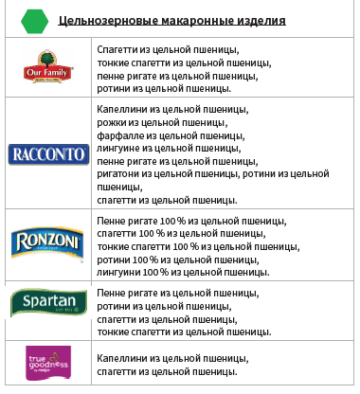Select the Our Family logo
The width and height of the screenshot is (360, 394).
(47, 67)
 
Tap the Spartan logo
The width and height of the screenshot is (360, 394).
(47, 303)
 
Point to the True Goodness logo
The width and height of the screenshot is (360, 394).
(47, 362)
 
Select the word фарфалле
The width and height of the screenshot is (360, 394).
(119, 135)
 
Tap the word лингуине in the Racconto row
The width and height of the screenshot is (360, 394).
(118, 148)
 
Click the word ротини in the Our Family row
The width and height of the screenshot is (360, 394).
(113, 87)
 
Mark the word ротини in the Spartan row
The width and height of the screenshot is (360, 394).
(113, 307)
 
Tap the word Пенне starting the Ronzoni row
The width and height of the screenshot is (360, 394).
(112, 221)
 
